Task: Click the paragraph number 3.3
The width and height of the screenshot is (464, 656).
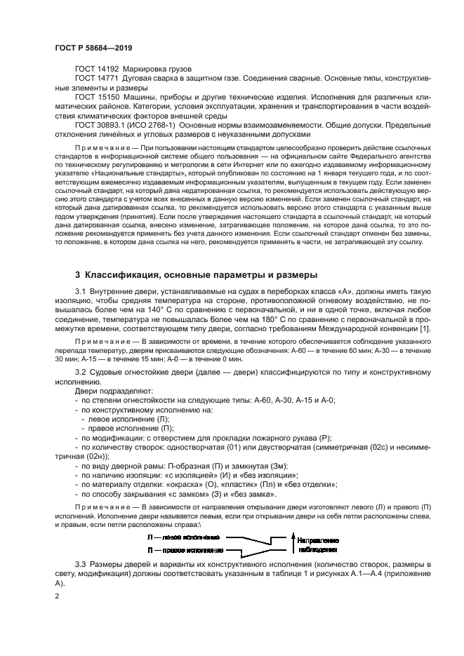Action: click(81, 563)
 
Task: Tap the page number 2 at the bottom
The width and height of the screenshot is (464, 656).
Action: click(58, 596)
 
